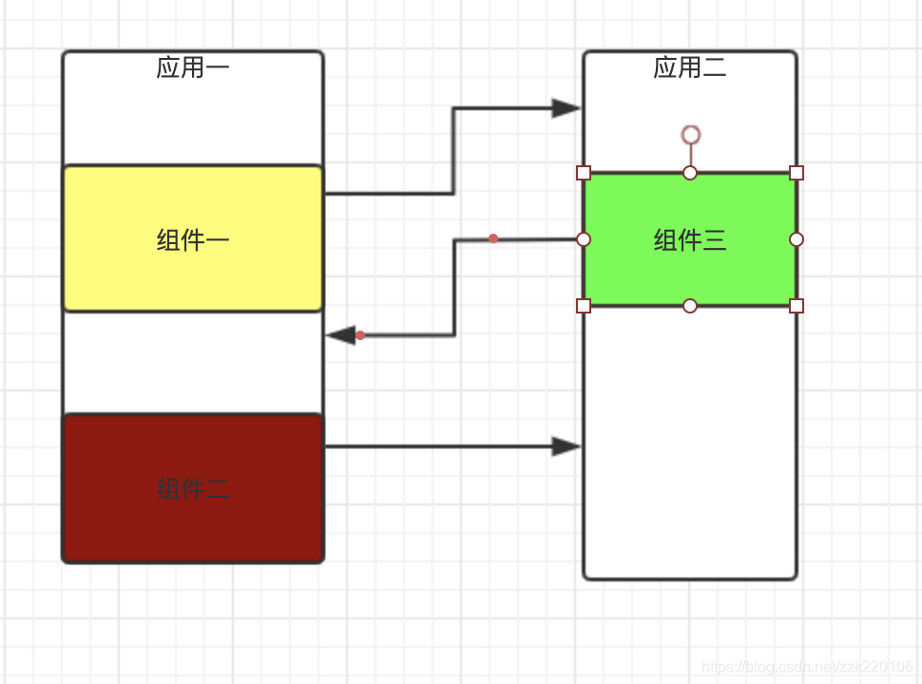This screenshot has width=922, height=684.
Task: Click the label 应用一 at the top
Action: [193, 68]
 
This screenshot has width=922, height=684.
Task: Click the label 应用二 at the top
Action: [690, 68]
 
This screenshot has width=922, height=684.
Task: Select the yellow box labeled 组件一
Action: [193, 239]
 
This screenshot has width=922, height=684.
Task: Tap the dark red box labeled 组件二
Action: [193, 488]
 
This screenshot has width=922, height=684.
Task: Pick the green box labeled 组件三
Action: [690, 239]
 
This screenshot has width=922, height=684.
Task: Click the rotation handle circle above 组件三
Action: [691, 135]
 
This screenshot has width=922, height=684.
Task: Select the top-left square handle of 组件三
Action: [584, 173]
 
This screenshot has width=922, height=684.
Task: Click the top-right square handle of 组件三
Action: [797, 173]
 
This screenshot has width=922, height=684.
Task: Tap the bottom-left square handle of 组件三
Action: [584, 305]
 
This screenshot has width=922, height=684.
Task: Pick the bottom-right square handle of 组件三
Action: [797, 305]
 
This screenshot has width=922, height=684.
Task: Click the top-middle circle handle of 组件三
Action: [690, 173]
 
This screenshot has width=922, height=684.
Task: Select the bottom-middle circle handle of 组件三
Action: [690, 305]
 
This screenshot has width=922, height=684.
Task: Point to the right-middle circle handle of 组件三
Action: [797, 239]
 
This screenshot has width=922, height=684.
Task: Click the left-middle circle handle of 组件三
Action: [584, 239]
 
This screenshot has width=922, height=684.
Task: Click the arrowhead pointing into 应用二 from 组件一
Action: [567, 108]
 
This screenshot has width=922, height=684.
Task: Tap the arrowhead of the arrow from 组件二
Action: [567, 446]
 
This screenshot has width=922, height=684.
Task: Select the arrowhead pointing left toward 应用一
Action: [341, 335]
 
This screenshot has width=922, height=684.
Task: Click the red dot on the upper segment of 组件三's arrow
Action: [493, 238]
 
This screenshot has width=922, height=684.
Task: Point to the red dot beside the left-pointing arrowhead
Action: [360, 335]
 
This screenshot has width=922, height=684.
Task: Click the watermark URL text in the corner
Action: [806, 667]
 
